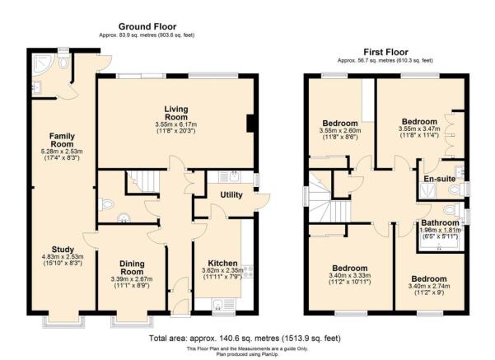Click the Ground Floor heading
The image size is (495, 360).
[x=147, y=26]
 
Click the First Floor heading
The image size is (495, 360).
[x=385, y=52]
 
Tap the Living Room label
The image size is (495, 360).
[x=175, y=113]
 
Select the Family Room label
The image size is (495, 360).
[x=62, y=140]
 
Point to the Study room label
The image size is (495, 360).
[x=63, y=249]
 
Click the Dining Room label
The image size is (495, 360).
[x=132, y=268]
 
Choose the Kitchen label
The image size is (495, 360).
[x=222, y=263]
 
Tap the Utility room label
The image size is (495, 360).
[x=231, y=195]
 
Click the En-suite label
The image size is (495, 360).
[x=439, y=179]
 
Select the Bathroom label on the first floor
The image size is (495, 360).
[x=440, y=222]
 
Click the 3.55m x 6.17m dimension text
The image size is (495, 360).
[x=175, y=124]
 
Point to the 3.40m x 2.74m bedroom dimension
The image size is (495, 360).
[x=429, y=286]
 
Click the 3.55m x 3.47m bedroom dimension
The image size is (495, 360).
[x=419, y=129]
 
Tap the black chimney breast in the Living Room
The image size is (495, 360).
[x=250, y=124]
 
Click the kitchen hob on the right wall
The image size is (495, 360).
[x=249, y=272]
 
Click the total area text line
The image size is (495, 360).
[x=245, y=339]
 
